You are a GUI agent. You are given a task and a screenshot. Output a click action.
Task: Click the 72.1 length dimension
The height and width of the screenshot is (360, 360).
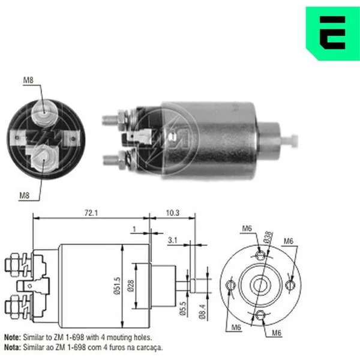tap(91, 213)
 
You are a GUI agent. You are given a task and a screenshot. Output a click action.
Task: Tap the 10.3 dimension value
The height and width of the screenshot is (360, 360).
tap(173, 213)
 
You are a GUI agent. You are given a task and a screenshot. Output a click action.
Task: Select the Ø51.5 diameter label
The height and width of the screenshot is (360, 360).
tap(117, 286)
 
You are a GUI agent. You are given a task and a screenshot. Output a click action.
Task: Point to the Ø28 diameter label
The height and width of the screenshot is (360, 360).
tap(131, 286)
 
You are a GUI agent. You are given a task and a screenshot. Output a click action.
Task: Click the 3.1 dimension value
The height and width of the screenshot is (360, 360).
tap(172, 240)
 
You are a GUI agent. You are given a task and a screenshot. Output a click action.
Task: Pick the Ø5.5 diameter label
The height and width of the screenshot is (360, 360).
tap(183, 308)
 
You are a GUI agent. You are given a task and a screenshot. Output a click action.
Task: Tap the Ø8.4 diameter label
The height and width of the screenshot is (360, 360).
tap(202, 311)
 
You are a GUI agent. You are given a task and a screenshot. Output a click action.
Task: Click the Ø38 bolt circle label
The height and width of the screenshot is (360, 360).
tap(268, 238)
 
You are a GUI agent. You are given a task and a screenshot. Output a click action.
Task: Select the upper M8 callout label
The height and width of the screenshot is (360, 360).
tap(28, 80)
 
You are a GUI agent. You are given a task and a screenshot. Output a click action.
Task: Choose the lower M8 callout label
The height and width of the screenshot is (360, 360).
tap(25, 196)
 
